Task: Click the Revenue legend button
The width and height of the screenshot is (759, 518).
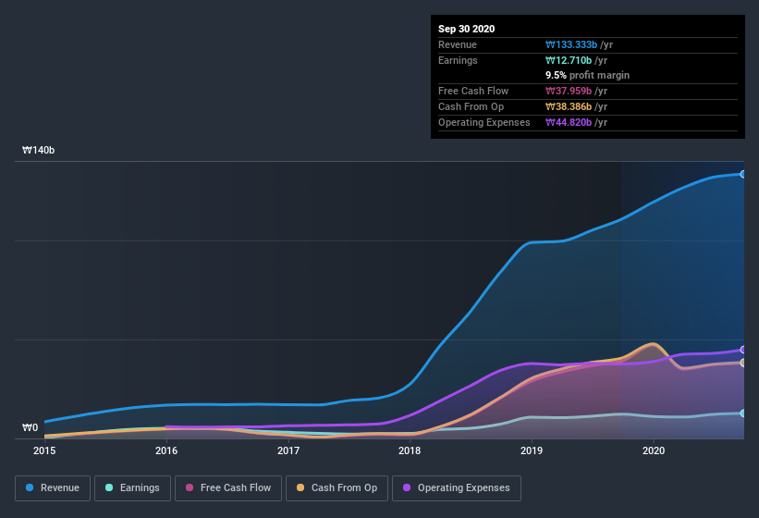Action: [x=53, y=487]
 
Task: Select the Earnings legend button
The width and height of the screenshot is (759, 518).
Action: [x=132, y=487]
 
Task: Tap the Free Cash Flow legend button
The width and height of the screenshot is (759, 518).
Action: [x=228, y=487]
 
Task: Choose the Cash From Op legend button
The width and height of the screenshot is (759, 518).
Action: [x=337, y=487]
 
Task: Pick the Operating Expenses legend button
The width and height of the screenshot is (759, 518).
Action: [x=456, y=487]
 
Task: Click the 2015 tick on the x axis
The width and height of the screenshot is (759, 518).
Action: [x=44, y=451]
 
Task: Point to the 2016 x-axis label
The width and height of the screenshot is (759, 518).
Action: [x=166, y=451]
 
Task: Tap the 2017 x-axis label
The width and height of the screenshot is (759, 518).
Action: [x=288, y=451]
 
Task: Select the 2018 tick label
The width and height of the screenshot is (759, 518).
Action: [x=410, y=451]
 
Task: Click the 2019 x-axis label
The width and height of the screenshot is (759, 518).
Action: [x=532, y=451]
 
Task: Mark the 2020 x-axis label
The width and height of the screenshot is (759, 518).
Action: [x=654, y=451]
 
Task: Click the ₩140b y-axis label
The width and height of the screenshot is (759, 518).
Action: [x=39, y=150]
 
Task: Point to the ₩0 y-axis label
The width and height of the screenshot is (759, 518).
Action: [x=31, y=427]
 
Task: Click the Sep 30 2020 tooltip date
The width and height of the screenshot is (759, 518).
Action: [x=466, y=29]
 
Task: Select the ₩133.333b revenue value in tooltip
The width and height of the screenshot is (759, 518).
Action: [x=579, y=44]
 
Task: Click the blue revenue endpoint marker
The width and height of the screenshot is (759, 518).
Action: [x=742, y=174]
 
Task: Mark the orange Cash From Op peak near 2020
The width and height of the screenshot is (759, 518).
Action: [x=653, y=344]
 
